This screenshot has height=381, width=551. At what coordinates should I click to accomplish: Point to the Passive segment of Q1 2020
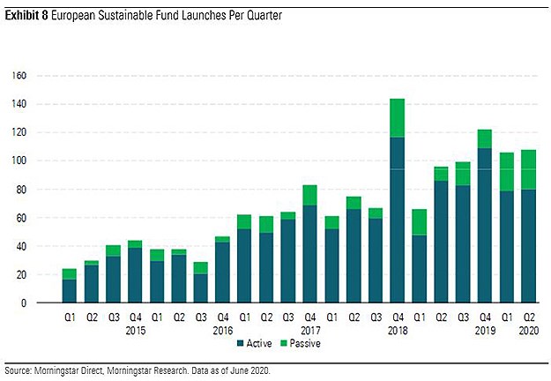click(506, 172)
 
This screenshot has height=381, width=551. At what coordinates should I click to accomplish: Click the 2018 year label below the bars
click(397, 331)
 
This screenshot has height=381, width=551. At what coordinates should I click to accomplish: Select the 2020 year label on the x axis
click(528, 331)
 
